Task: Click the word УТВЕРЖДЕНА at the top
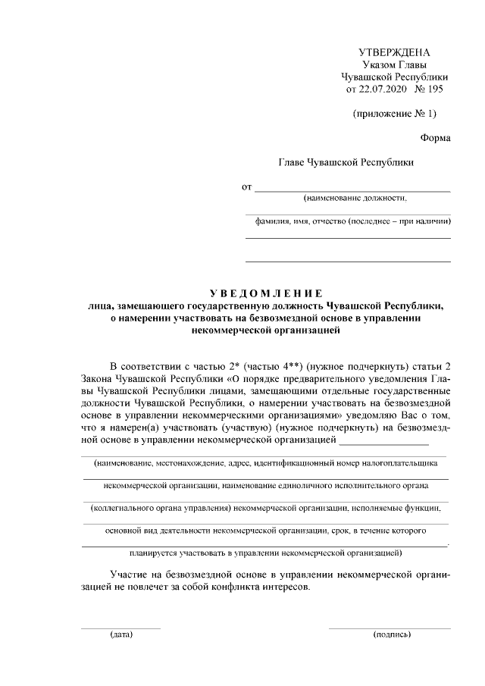(393, 52)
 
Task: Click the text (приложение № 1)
(395, 114)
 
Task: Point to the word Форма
(435, 138)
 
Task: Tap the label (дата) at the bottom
(120, 634)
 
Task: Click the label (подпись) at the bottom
(392, 634)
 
